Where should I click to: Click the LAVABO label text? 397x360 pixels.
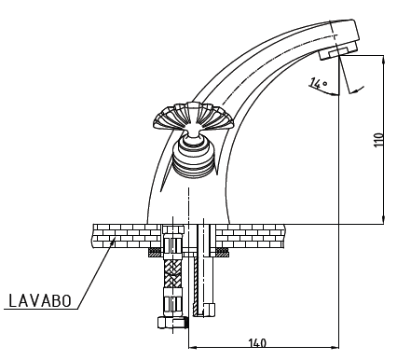click(40, 300)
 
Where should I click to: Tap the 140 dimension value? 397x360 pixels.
click(257, 343)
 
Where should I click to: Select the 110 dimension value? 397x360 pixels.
click(378, 140)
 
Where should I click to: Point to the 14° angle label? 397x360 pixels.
click(318, 83)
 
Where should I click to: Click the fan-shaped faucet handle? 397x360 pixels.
click(193, 118)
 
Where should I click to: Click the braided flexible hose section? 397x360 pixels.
click(172, 273)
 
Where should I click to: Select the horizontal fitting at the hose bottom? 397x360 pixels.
click(173, 322)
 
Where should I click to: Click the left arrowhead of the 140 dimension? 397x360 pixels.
click(193, 347)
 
